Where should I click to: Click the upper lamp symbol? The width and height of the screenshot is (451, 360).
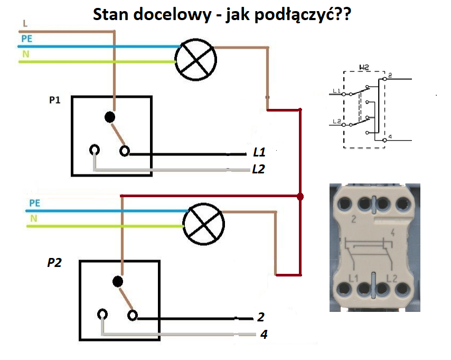point(195,60)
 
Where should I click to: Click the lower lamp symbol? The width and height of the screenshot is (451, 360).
point(204,224)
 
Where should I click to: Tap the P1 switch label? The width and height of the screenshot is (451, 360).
point(54,100)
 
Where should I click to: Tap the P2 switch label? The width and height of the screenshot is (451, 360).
point(54,263)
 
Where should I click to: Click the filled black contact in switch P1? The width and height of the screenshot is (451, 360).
point(110,117)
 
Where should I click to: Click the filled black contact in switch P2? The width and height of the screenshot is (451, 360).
point(118,281)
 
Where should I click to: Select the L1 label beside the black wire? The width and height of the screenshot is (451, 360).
point(259,152)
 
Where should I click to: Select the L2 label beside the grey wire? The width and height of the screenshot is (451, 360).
point(259,169)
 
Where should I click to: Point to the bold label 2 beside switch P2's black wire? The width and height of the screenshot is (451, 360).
point(261,317)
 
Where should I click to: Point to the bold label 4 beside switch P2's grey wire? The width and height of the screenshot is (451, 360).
point(264,334)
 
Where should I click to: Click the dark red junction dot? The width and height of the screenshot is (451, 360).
point(300,197)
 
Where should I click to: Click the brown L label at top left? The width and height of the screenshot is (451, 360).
point(25,24)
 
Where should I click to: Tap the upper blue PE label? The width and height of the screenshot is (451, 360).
point(27,39)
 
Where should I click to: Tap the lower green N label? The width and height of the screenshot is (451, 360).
point(34,219)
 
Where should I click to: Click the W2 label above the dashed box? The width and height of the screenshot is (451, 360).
point(364,67)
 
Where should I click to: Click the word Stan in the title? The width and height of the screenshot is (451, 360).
point(110,14)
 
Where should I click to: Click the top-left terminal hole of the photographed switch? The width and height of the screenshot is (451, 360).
point(344,204)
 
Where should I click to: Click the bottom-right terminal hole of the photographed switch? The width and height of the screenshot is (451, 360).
point(402,289)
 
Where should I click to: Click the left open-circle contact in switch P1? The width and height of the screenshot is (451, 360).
point(95,150)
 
